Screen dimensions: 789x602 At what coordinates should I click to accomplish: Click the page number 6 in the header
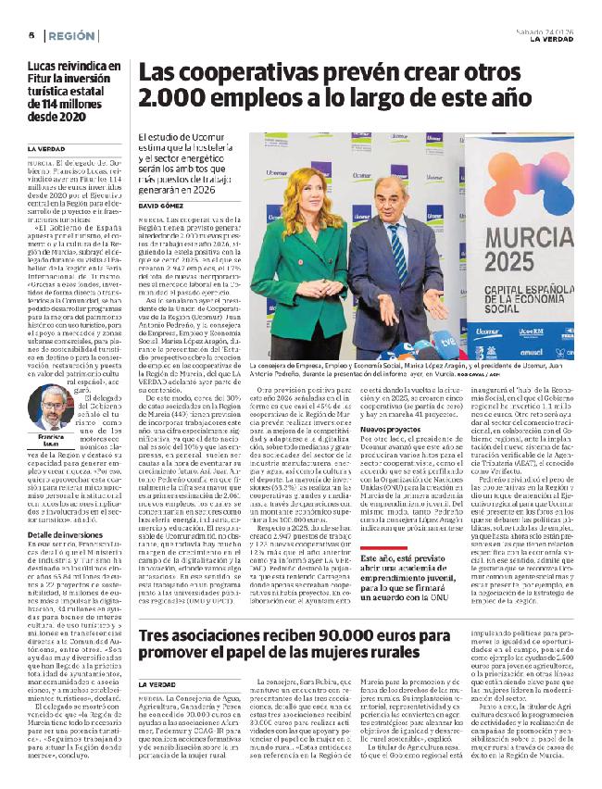coord(31,36)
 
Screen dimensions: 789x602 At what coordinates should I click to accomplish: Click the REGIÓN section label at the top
coord(72,36)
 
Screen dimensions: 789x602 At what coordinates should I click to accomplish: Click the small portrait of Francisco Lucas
coord(55,407)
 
